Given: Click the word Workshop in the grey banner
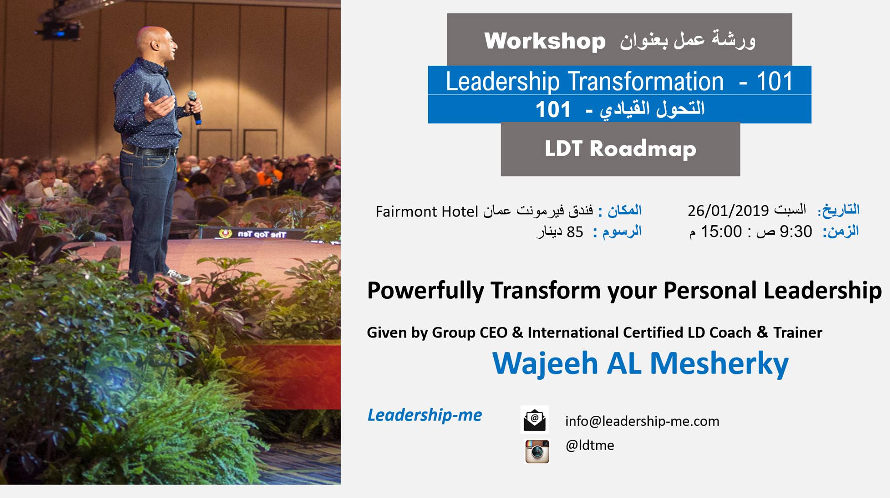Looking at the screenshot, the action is tap(545, 41).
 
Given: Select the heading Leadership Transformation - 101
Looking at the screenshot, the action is tap(619, 81).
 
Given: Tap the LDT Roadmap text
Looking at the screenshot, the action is tap(621, 149).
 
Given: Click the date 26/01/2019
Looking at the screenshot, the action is tap(728, 211).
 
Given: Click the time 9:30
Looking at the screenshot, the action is tap(796, 231).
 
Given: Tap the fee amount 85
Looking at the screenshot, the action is tap(575, 232).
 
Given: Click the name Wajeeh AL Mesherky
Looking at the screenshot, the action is tap(640, 363).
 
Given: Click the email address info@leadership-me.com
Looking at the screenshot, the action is tap(642, 421).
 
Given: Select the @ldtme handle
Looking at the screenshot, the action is tap(590, 445).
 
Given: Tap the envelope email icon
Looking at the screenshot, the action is tap(535, 420).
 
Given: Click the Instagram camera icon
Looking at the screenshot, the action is tap(537, 451).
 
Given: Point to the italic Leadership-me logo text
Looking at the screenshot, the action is tap(425, 415).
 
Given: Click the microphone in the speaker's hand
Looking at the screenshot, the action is tap(194, 107).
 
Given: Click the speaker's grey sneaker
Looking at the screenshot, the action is tap(179, 277).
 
